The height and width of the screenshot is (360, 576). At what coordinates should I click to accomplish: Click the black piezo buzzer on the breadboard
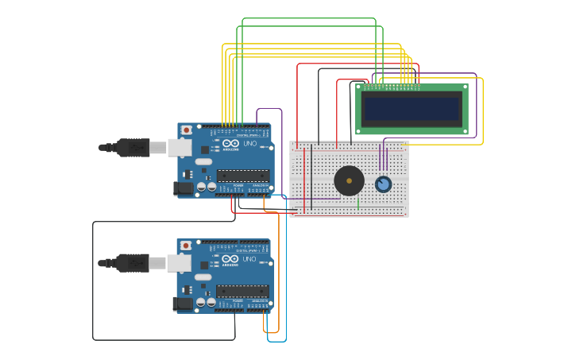(349, 180)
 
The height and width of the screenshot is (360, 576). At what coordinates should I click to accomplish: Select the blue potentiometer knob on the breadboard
(383, 184)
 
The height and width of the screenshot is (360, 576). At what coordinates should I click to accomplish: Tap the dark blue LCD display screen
(412, 109)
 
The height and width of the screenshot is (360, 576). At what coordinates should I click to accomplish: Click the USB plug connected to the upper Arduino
(133, 147)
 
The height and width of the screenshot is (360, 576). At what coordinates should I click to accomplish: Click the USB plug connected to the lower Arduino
(133, 262)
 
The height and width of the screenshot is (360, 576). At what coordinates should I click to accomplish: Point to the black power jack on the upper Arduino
(183, 188)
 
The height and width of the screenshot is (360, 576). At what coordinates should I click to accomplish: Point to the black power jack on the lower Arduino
(183, 304)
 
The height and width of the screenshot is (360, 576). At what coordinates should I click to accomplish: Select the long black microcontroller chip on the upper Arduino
(242, 176)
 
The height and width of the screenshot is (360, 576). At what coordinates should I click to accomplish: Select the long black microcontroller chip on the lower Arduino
(242, 291)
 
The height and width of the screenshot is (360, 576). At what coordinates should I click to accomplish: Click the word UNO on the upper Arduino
(249, 144)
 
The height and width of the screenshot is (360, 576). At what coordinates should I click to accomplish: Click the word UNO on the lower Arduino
(249, 259)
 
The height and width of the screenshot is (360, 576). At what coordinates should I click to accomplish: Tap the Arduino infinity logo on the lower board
(230, 259)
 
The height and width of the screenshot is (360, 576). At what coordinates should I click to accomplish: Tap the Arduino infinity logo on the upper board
(230, 144)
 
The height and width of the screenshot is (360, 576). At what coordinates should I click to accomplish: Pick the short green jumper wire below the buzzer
(358, 203)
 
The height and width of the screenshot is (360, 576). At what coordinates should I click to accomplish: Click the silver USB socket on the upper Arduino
(180, 147)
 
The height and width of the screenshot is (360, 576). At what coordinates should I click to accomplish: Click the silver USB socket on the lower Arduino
(180, 262)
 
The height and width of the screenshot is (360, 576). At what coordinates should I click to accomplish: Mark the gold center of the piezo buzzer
(349, 180)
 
